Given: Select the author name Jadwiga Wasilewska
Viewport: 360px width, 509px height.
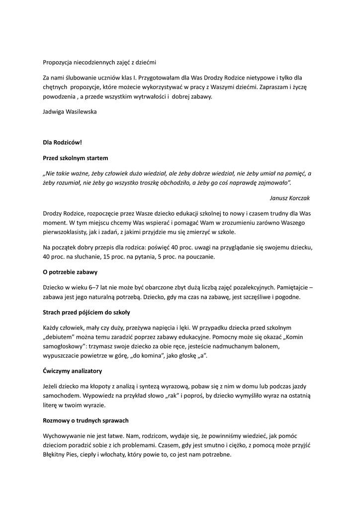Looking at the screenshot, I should (70, 111).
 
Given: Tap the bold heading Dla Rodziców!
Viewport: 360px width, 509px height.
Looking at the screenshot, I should (62, 142).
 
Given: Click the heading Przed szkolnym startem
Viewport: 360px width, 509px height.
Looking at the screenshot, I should (75, 158).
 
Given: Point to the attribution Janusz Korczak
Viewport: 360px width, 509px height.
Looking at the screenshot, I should (289, 198).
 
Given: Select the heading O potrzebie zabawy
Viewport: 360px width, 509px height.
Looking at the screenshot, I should (70, 272).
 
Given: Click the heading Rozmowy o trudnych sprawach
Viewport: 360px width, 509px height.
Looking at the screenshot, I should (86, 421).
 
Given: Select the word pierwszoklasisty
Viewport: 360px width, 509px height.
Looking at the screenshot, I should (67, 232).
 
